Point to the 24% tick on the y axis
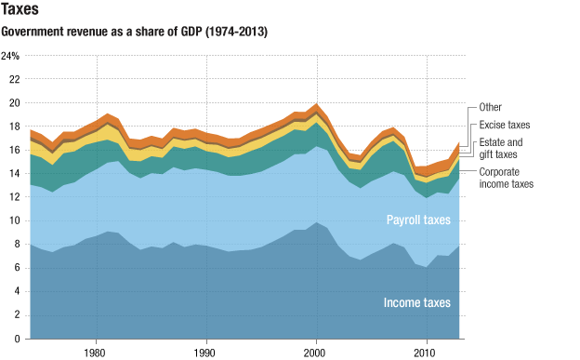coord(11,56)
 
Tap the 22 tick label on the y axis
coord(14,79)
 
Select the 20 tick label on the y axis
coord(14,103)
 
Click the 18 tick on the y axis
coord(14,127)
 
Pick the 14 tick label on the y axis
coord(14,174)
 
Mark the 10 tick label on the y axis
coord(14,221)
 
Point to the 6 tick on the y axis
coord(17,269)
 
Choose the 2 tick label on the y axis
coord(17,316)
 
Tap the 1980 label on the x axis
coord(95,353)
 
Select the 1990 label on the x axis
coord(205,353)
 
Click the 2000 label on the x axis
coord(316,353)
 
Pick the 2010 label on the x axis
coord(427,353)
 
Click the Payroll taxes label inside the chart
coord(417,220)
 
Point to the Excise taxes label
coord(506,125)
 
